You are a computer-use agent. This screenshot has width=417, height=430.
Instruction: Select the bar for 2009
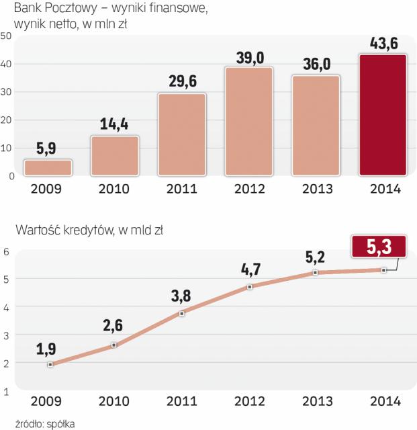coord(48,167)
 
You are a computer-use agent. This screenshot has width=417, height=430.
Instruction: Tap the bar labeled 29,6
coord(182,134)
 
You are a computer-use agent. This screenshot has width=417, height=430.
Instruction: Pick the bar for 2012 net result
coord(248,122)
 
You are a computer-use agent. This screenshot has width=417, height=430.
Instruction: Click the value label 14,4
coord(115,125)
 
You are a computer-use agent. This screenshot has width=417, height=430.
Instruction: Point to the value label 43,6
coord(383,44)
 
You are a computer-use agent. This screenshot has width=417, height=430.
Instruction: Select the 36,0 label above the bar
coord(316,65)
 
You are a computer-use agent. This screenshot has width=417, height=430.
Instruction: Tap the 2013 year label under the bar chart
coord(316,189)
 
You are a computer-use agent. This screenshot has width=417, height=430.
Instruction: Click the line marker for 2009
coord(50,364)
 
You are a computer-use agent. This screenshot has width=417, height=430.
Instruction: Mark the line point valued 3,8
coord(182,313)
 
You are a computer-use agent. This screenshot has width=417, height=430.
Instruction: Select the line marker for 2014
coord(383,270)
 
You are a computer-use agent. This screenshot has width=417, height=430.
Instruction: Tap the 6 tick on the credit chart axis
coord(6,252)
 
